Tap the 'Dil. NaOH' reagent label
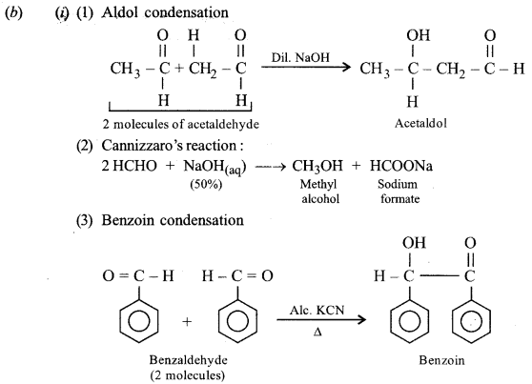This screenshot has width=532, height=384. tap(301, 58)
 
